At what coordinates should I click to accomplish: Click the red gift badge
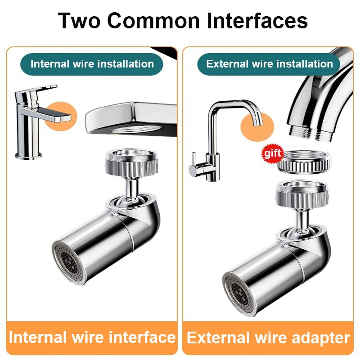[273, 153]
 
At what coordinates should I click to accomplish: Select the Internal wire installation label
[92, 63]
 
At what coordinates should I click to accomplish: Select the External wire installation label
[270, 63]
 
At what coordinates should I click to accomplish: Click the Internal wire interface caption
[92, 337]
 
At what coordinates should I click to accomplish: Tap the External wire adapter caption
[269, 337]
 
